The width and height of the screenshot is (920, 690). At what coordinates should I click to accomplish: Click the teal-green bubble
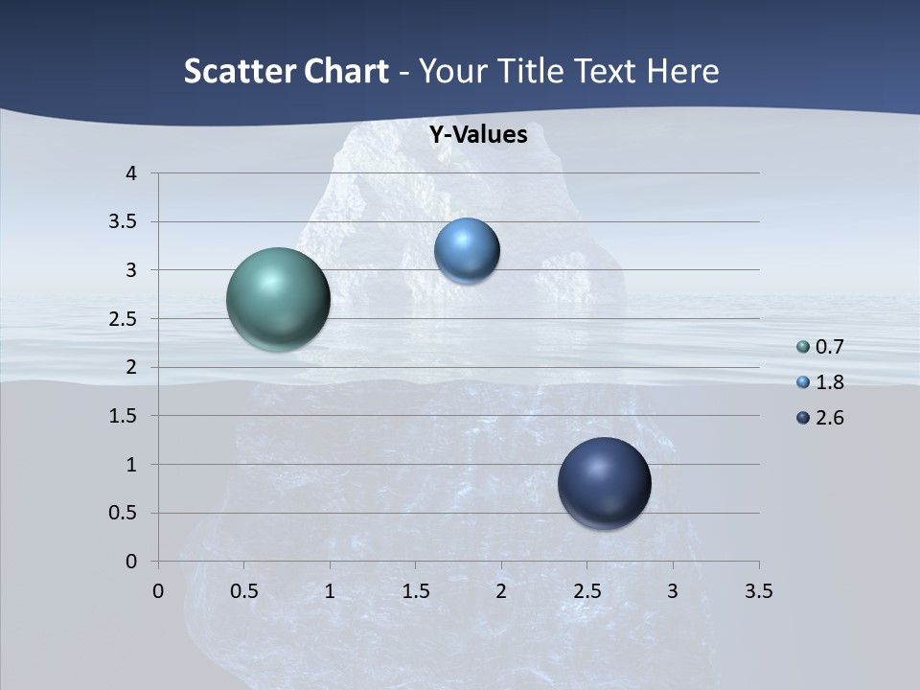point(278,299)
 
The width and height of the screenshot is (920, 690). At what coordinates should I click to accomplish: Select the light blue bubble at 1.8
point(467,250)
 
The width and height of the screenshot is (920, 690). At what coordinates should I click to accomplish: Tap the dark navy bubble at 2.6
point(604,483)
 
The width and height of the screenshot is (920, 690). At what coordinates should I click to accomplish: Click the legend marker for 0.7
point(803,347)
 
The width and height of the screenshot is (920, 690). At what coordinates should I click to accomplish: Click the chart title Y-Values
point(478,135)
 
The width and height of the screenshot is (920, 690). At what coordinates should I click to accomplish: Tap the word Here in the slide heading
point(682,71)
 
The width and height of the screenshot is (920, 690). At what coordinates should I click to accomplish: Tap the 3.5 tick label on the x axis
point(758,591)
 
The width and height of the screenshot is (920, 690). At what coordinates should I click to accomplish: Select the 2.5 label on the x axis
point(586,591)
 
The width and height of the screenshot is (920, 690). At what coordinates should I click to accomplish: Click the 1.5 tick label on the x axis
point(415,591)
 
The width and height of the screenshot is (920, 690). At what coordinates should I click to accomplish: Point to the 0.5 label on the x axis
point(243,591)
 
